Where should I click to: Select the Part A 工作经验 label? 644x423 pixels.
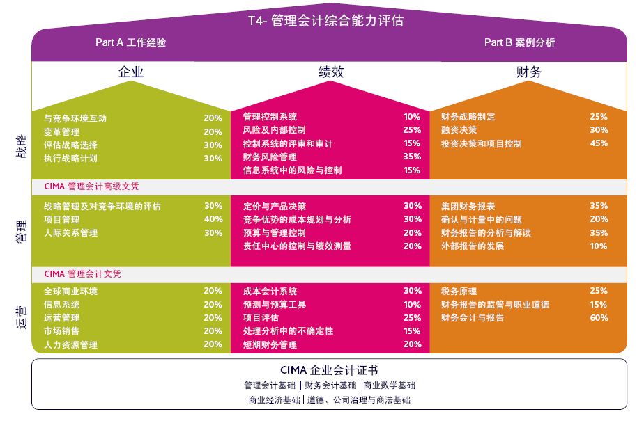[x=130, y=42]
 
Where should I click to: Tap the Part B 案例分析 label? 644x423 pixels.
[x=519, y=42]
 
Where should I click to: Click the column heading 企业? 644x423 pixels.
[x=130, y=72]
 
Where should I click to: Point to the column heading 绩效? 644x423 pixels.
[x=331, y=72]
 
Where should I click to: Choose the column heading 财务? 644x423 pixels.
[x=528, y=72]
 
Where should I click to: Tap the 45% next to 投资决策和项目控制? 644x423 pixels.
[x=598, y=144]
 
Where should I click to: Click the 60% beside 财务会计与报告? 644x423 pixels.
[x=598, y=318]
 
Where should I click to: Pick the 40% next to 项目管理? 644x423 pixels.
[x=213, y=220]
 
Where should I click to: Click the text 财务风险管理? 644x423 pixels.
[x=269, y=157]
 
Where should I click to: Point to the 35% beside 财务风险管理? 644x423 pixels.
[x=412, y=157]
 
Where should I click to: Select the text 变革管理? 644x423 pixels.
[x=61, y=132]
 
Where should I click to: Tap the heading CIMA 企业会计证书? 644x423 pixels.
[x=329, y=370]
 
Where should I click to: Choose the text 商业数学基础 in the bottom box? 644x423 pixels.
[x=392, y=385]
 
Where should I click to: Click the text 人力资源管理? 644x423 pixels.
[x=70, y=345]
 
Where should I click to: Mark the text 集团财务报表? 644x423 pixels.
[x=468, y=207]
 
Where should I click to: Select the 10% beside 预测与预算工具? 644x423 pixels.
[x=412, y=305]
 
